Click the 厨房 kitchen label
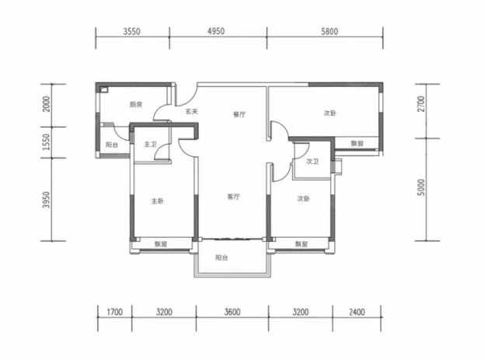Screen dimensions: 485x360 pos(136,104)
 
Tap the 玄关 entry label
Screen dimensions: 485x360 pos(191,111)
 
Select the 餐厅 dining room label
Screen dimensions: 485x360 pos(239,114)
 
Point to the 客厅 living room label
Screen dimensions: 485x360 pos(233,197)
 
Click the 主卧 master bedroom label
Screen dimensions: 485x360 pos(158,201)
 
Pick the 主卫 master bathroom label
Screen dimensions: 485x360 pos(150,144)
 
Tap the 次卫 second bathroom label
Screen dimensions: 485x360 pos(312,161)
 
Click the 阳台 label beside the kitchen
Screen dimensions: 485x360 pos(112,145)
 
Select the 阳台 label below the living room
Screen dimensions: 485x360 pos(222,257)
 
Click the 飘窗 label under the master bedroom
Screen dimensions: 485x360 pos(161,244)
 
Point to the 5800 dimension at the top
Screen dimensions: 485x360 pos(330,31)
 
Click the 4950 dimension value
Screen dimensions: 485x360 pos(216,31)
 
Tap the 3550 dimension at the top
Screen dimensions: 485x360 pos(132,31)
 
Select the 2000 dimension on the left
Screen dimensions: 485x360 pos(47,104)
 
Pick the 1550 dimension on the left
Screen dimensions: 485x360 pos(47,142)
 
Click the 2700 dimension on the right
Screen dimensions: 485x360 pos(421,104)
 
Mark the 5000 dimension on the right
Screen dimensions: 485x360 pos(421,187)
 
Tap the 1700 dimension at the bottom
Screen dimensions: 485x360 pos(115,312)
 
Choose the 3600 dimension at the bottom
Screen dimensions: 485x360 pos(232,312)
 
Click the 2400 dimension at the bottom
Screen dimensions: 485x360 pos(357,312)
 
